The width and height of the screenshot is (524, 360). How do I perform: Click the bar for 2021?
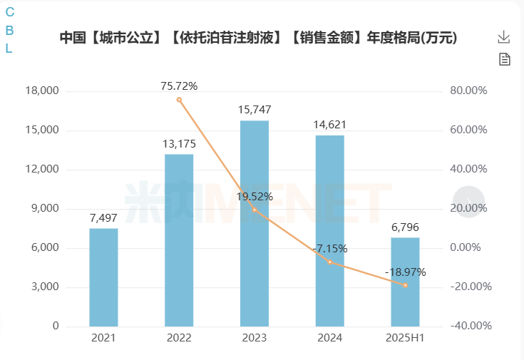point(103,277)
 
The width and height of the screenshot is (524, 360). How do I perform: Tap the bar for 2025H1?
point(405,282)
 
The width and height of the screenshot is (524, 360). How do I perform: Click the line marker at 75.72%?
point(179,100)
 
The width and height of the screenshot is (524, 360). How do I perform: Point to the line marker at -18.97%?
point(405,285)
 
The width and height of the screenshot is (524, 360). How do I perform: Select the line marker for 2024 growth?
point(330,262)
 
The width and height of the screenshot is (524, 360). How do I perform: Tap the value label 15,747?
point(255,110)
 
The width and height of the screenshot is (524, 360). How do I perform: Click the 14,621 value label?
point(330,124)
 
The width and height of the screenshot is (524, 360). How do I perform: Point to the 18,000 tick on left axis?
point(43,91)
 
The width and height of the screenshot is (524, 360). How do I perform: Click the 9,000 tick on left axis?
point(46,209)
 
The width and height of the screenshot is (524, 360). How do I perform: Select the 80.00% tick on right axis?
point(468,91)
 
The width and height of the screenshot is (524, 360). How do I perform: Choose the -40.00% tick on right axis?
point(470,326)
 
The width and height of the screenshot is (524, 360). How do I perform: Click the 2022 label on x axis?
point(179,338)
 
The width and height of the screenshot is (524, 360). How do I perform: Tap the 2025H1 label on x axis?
point(405,338)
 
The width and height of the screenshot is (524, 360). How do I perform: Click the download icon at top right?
point(504,37)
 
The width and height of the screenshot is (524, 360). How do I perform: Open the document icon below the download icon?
point(504,59)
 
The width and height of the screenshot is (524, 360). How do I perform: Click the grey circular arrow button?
point(468,202)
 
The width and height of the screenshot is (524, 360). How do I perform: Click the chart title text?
point(258,38)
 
